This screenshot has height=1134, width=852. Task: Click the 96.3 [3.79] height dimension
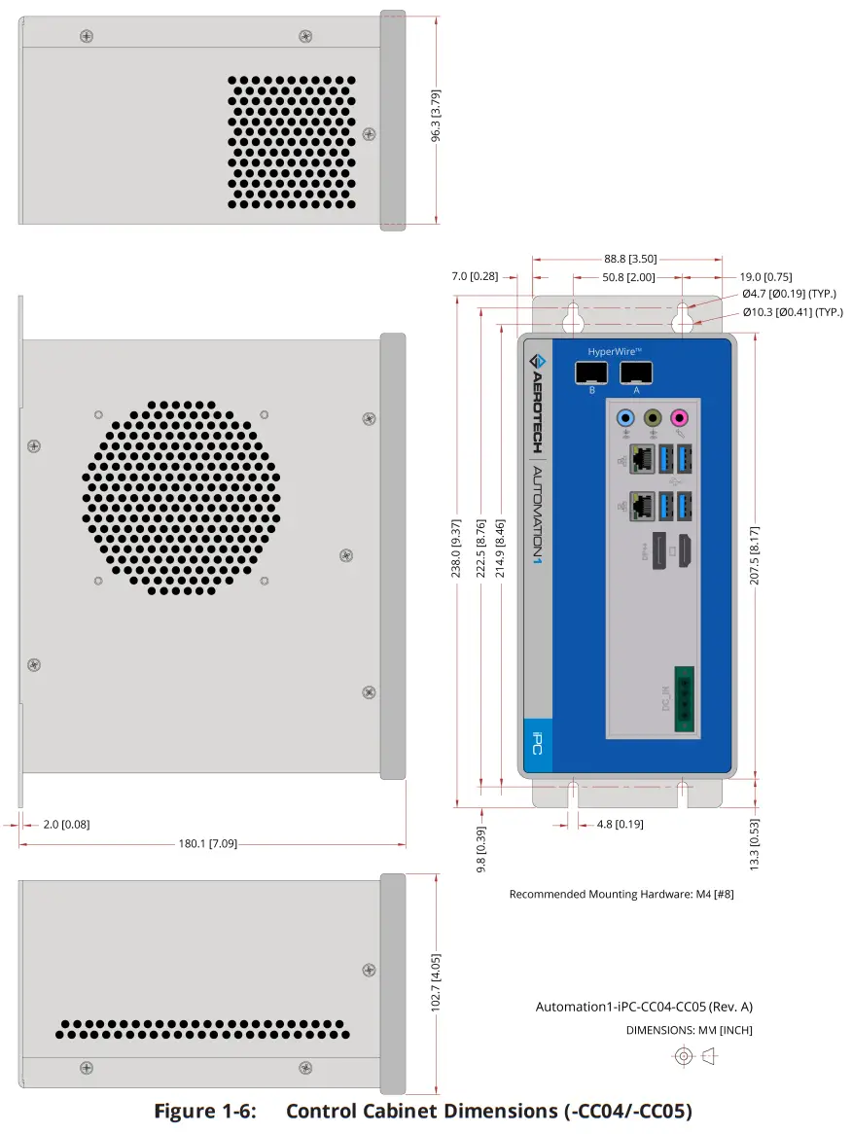[x=437, y=118]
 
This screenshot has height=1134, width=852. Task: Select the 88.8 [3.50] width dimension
[x=629, y=259]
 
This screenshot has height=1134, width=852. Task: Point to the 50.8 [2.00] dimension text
[x=628, y=277]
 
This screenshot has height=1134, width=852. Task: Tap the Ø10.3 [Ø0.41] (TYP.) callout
[x=792, y=312]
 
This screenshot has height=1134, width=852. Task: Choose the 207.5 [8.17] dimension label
[x=755, y=555]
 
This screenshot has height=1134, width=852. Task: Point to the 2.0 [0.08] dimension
[x=66, y=824]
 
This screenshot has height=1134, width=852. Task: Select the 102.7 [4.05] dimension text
[x=436, y=983]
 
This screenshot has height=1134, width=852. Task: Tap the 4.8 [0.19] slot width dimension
[x=616, y=824]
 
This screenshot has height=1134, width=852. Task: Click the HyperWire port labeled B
[x=590, y=373]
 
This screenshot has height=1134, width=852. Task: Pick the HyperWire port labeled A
[x=635, y=373]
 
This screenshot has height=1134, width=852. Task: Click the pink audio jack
[x=681, y=418]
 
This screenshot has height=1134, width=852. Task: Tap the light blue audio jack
[x=626, y=418]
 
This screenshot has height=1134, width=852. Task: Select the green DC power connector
[x=684, y=698]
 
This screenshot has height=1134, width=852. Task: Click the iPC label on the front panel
[x=538, y=746]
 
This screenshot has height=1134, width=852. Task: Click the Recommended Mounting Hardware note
[x=621, y=894]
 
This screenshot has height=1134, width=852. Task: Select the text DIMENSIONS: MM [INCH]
[x=689, y=1030]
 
